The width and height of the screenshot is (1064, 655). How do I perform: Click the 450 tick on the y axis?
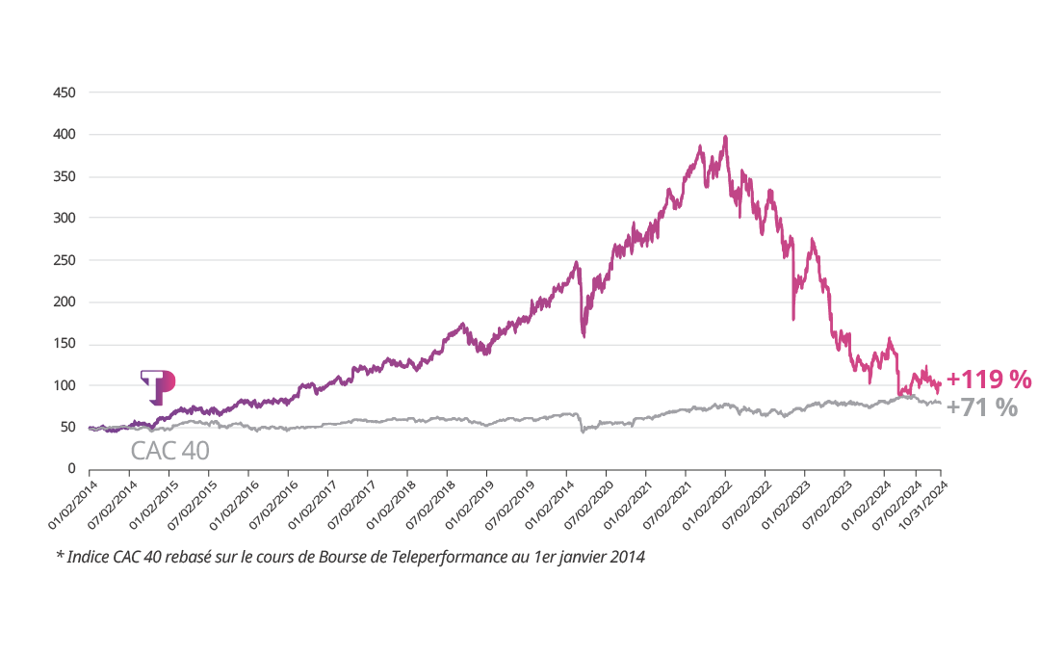(65, 93)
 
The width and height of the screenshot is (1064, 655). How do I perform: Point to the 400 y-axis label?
(65, 135)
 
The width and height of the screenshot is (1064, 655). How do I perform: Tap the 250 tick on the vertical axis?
(65, 260)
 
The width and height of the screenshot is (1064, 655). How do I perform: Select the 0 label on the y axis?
(71, 469)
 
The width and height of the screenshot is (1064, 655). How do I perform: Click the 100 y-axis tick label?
(65, 385)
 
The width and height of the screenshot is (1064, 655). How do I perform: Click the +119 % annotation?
(989, 380)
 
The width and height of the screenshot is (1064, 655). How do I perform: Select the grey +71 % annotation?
(982, 408)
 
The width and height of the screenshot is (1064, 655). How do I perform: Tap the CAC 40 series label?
(169, 451)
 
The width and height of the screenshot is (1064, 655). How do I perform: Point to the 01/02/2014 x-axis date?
(72, 501)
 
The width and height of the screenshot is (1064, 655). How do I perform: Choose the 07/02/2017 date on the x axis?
(350, 501)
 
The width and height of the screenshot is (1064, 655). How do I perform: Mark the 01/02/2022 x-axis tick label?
(708, 501)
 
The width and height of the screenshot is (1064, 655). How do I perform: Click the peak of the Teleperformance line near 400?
(725, 137)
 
